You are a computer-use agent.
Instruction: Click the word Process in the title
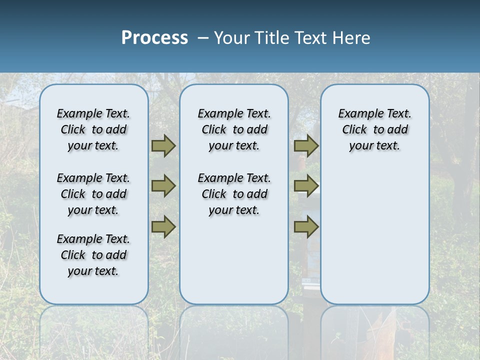(x=154, y=37)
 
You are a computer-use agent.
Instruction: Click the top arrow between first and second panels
(x=163, y=146)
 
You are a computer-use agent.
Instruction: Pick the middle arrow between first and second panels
(x=163, y=186)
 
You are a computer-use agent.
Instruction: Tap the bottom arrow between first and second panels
(x=163, y=226)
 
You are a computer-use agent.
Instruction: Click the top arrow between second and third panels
(x=306, y=146)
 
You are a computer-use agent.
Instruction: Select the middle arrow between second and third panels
(x=306, y=186)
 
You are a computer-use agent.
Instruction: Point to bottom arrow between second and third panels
(x=306, y=226)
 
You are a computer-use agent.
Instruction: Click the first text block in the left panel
(x=93, y=129)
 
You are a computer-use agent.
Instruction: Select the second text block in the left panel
(x=93, y=194)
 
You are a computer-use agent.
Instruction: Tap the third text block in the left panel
(x=93, y=255)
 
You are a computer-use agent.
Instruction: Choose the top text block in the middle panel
(x=234, y=129)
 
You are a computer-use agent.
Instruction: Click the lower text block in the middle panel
(x=234, y=194)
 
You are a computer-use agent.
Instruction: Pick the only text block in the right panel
(x=375, y=129)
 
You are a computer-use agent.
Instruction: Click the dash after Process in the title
(x=203, y=38)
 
